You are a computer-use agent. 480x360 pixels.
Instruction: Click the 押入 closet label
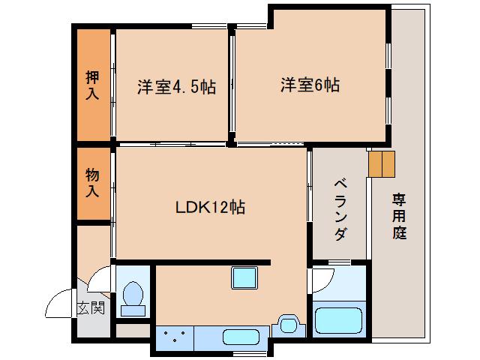92,85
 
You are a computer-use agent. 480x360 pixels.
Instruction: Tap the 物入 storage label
92,182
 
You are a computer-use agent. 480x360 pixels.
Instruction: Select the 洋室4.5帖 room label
176,86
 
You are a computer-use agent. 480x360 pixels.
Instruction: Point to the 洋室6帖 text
310,85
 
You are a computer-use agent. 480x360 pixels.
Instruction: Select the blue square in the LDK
244,278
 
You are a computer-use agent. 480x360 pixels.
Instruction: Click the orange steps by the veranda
382,163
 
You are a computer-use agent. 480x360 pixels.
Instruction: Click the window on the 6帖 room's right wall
388,82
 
